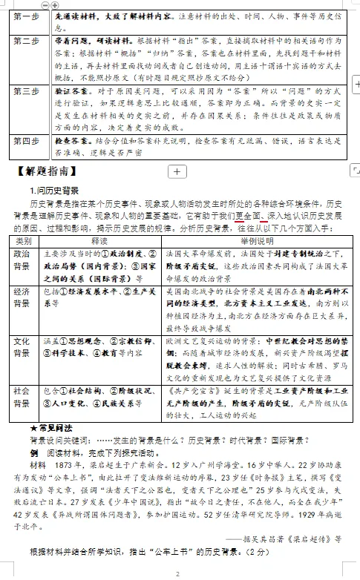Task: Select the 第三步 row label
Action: [x=24, y=90]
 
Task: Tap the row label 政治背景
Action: [x=23, y=260]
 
